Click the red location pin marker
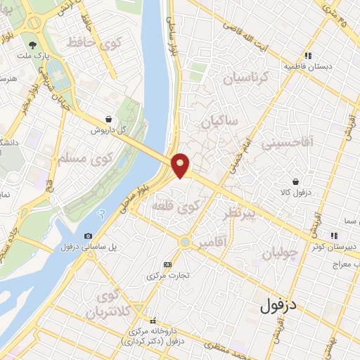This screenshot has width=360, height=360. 181,165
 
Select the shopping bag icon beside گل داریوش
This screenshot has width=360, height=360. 107,120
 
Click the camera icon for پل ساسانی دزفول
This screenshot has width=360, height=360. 88,236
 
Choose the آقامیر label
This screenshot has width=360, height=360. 212,243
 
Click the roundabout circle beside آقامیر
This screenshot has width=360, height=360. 184,242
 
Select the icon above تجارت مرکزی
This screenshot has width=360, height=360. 167,264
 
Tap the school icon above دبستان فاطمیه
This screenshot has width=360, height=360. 307,56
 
